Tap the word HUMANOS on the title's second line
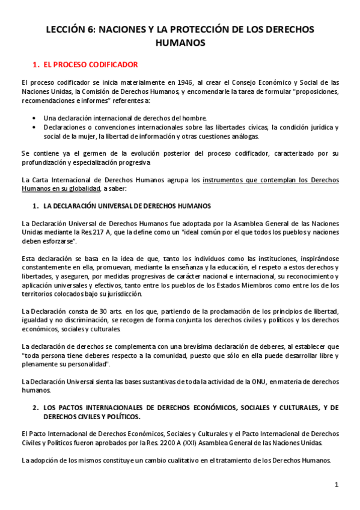[x=180, y=43]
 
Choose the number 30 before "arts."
[x=97, y=310]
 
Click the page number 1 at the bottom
[x=337, y=485]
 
